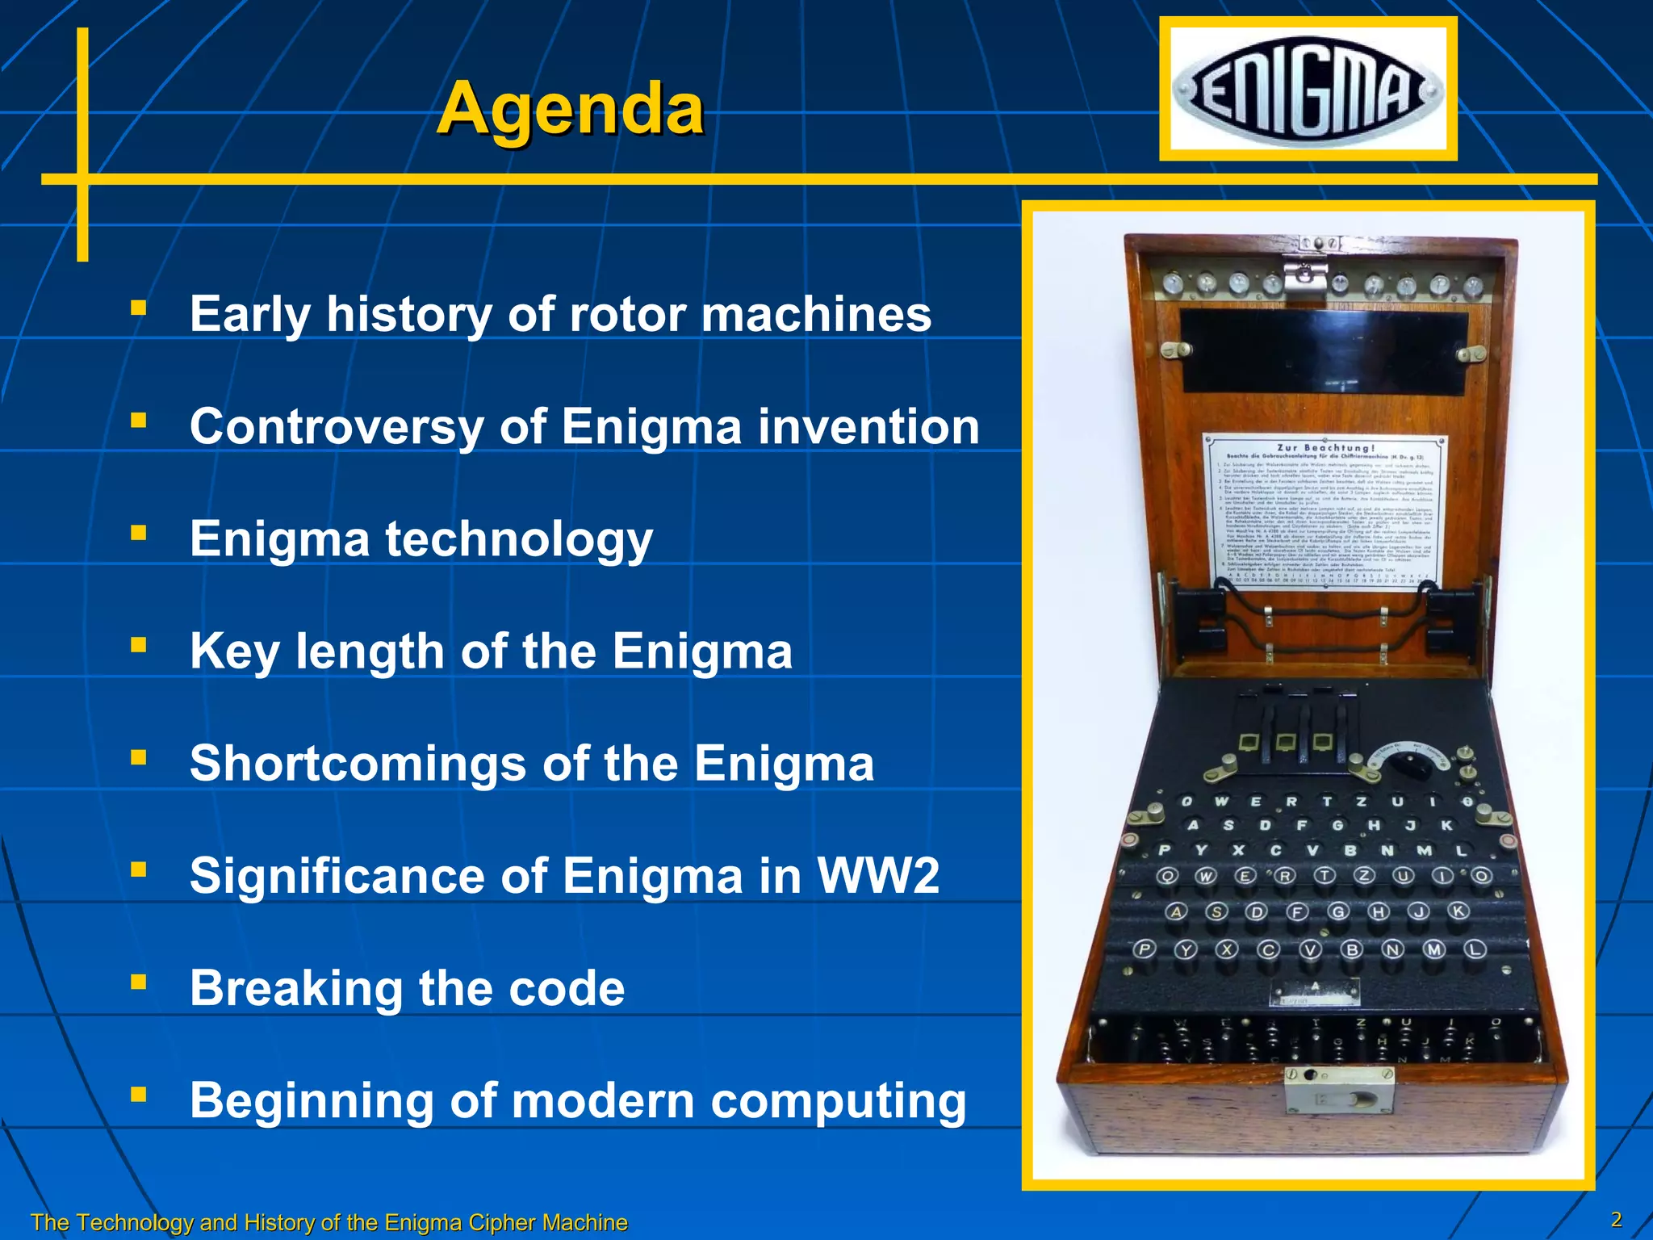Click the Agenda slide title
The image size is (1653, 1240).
click(x=570, y=109)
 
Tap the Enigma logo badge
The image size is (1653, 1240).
click(x=1308, y=89)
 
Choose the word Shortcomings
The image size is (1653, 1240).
click(x=358, y=764)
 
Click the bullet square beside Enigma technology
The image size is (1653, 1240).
click(x=139, y=533)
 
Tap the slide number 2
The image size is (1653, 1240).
click(x=1616, y=1219)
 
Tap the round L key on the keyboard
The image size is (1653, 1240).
click(x=1475, y=949)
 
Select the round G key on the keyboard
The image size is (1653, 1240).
click(x=1338, y=912)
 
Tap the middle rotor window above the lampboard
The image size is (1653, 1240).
click(x=1285, y=741)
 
